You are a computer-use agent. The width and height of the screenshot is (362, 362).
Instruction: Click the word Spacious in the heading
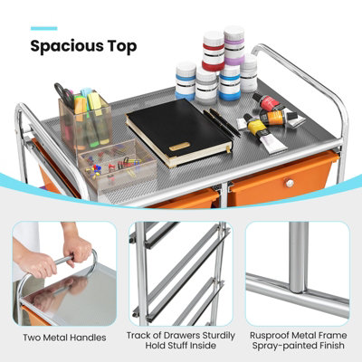click(70, 45)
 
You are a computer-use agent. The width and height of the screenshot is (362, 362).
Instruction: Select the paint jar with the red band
click(213, 45)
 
